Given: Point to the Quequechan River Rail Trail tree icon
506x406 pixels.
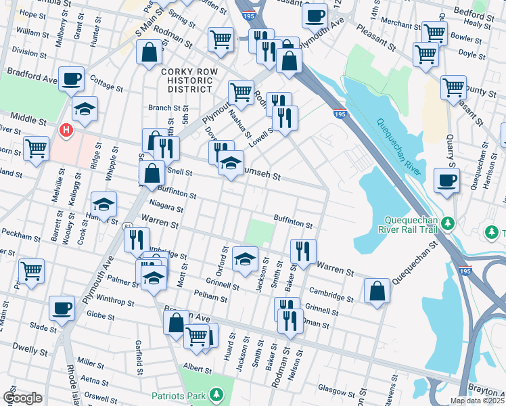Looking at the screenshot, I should point(446,223).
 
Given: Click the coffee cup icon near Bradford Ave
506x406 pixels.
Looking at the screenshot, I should point(72,78).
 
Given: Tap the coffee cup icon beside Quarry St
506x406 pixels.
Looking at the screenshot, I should point(446,180).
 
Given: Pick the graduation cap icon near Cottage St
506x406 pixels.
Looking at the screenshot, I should point(85,108).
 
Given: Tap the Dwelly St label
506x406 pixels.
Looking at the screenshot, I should point(32,351).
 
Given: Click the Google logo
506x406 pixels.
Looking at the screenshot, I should point(22,398).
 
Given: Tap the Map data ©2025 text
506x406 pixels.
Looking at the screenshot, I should point(477,401).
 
